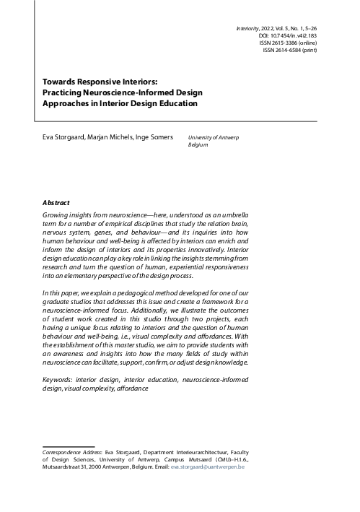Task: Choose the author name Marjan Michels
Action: pos(110,136)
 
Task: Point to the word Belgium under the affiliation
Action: pos(198,144)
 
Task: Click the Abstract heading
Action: pos(56,204)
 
